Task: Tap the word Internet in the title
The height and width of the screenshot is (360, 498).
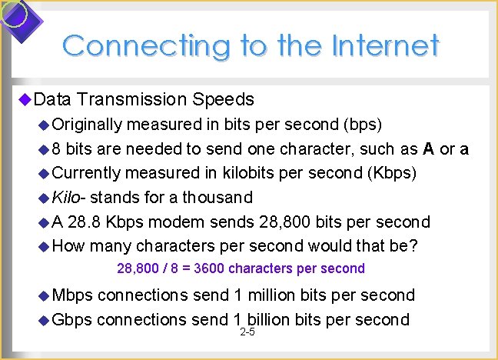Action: pos(386,45)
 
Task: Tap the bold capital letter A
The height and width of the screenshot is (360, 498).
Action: pos(427,148)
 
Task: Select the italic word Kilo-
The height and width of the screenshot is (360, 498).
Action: pos(68,197)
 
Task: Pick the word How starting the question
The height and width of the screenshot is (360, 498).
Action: pos(68,247)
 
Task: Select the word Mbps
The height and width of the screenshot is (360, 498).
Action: pos(72,295)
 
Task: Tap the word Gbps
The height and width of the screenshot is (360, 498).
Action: pos(72,319)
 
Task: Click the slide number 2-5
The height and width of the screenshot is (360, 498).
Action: pos(247,332)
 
